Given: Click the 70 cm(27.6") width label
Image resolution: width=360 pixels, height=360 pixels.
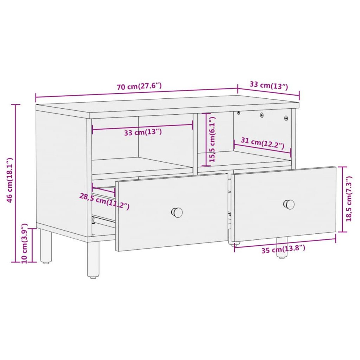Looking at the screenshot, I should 139,86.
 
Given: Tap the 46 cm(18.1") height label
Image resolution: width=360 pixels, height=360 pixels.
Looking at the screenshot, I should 10,180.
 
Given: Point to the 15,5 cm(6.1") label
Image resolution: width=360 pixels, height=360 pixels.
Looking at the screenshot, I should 213,139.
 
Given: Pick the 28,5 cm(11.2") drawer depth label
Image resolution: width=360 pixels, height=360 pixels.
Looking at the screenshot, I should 104,201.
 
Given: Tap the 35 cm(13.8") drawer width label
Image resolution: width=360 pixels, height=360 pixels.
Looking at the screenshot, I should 283,249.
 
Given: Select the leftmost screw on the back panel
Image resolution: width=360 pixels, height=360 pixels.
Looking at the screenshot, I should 238,112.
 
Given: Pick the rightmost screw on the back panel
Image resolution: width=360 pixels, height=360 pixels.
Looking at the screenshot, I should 286,118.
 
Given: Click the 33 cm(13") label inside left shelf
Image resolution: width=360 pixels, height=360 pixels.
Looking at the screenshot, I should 143,132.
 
